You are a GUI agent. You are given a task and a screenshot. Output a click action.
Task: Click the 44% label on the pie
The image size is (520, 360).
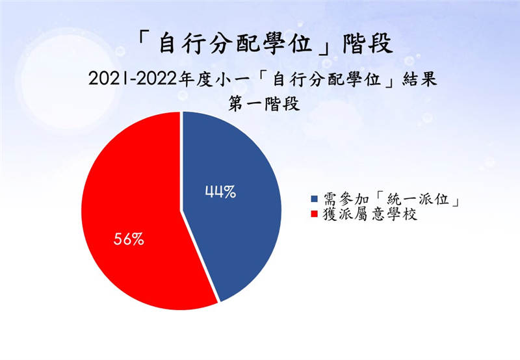click(220, 192)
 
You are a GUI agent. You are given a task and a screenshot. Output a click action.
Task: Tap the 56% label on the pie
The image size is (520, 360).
click(129, 238)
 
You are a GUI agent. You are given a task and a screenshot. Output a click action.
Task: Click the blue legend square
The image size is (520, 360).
click(314, 199)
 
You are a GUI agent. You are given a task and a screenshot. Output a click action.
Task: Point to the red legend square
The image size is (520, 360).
click(314, 214)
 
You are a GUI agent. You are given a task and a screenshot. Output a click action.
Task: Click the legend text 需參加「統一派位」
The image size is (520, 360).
click(391, 199)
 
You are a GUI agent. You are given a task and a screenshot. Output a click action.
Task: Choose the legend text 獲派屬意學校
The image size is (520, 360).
click(370, 214)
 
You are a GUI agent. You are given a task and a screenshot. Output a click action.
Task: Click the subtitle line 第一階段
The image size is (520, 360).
click(264, 104)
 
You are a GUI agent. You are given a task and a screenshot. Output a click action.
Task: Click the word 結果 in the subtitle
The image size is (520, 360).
click(419, 79)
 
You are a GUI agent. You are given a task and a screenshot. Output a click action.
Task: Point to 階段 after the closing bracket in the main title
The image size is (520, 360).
click(368, 44)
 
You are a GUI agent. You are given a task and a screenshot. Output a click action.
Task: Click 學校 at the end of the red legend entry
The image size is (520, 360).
click(402, 214)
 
